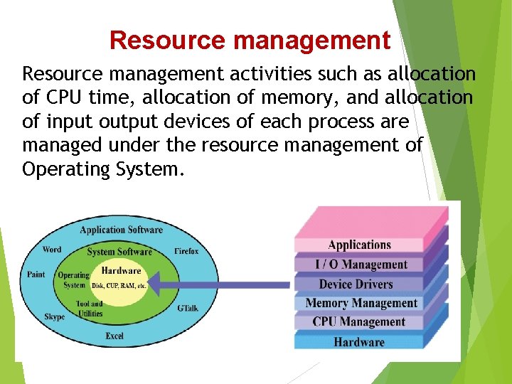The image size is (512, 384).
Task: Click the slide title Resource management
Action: click(250, 41)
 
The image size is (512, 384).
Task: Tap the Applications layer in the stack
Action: click(359, 245)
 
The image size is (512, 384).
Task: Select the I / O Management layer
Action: click(361, 265)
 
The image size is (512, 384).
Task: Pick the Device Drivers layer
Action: click(356, 284)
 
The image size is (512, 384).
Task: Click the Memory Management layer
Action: click(361, 304)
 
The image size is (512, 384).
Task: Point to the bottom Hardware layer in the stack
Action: click(358, 342)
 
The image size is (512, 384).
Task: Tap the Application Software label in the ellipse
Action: click(121, 230)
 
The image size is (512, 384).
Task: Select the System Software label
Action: click(119, 252)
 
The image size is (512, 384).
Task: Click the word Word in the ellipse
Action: click(52, 250)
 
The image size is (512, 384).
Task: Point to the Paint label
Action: click(36, 274)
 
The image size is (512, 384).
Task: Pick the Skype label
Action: click(54, 317)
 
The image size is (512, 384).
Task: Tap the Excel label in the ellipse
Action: click(114, 335)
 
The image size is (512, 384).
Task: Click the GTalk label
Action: click(188, 307)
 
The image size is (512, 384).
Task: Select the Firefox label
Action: click(186, 251)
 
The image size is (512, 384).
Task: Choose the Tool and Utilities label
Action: click(90, 308)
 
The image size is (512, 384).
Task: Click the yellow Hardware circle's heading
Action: click(121, 271)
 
